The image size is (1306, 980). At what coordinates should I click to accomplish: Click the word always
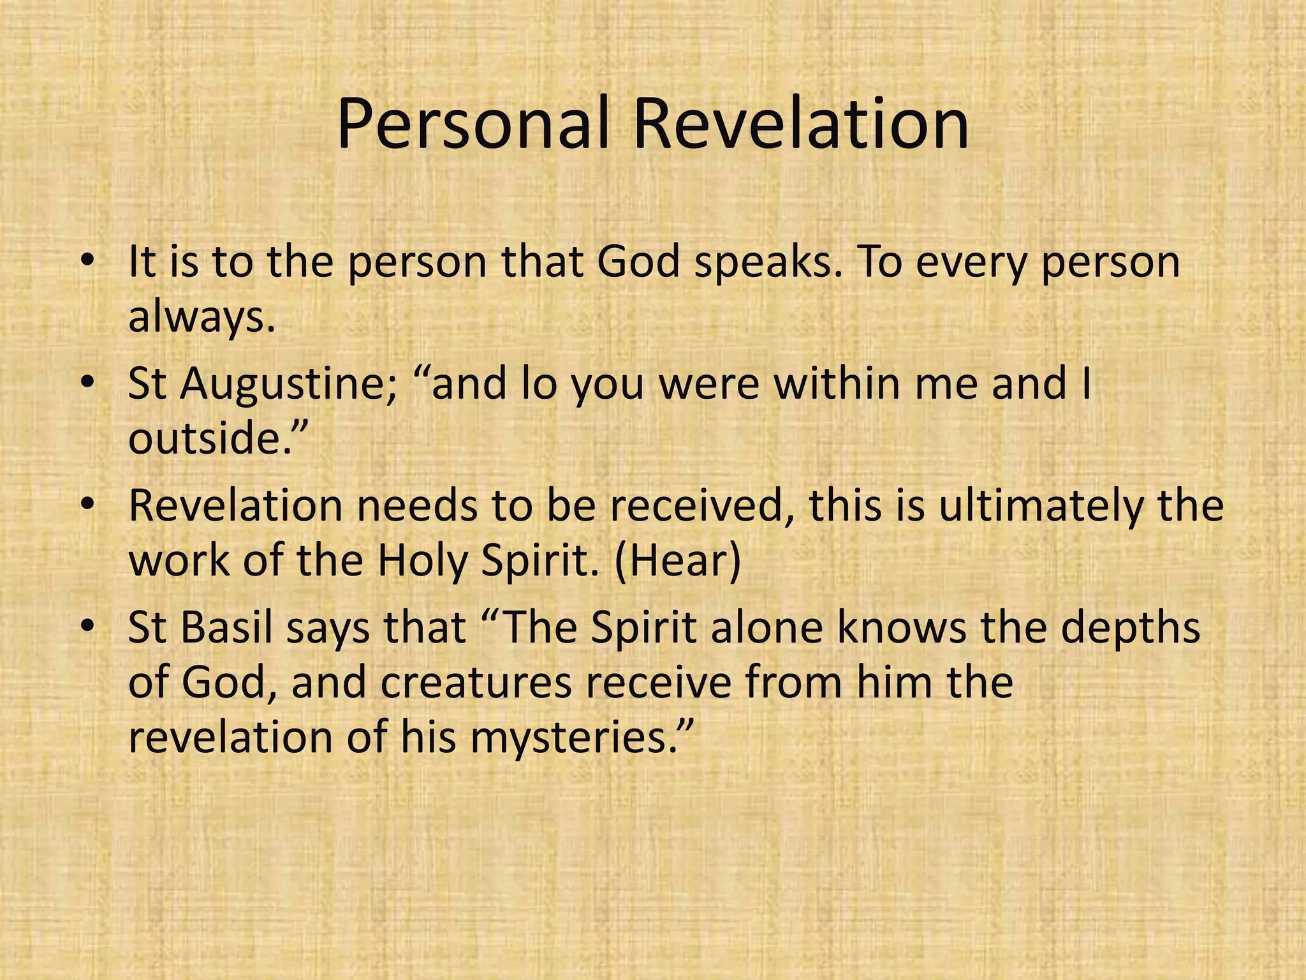tap(202, 317)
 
